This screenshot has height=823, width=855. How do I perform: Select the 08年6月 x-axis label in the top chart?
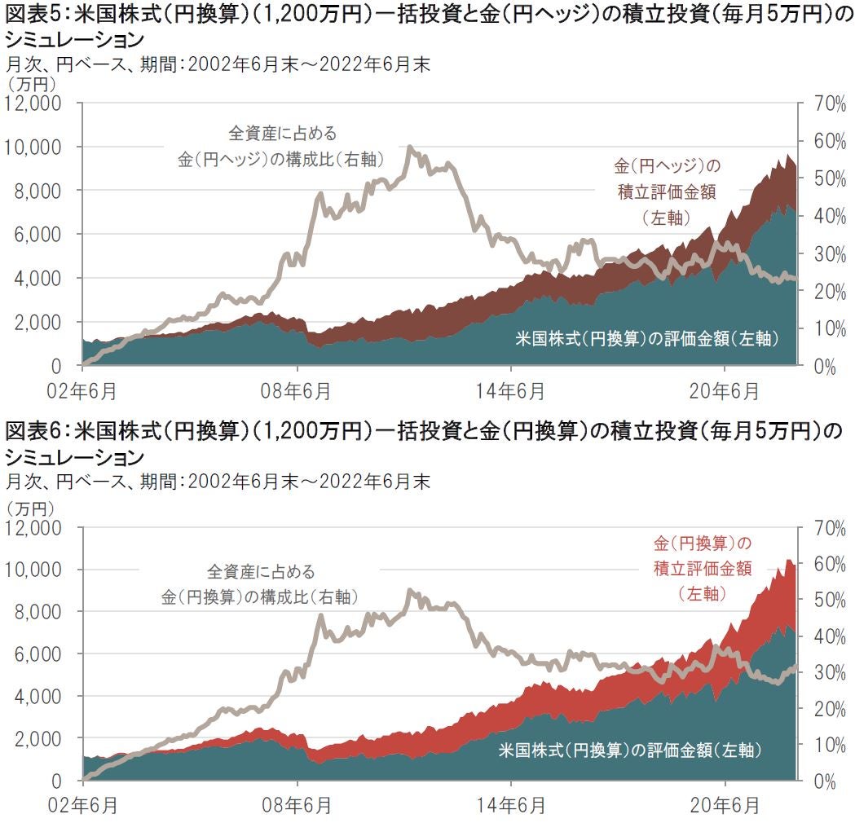pos(297,391)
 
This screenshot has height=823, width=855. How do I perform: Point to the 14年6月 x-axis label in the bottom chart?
pos(511,806)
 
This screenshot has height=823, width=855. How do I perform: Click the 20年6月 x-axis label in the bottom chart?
pos(726,806)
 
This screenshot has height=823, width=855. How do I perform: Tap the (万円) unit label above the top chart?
pos(30,83)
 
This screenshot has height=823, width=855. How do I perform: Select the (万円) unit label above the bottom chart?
pos(30,507)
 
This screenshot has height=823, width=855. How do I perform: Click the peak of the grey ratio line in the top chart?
pos(409,147)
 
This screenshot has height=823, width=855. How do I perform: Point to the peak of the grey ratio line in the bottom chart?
pos(410,591)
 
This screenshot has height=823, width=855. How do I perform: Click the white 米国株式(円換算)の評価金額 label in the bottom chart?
pos(629,750)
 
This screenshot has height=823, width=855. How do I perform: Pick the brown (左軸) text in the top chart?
pos(666,218)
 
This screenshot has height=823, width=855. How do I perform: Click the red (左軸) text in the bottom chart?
pos(702,594)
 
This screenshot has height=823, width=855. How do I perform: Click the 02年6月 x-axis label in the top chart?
pos(82,391)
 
